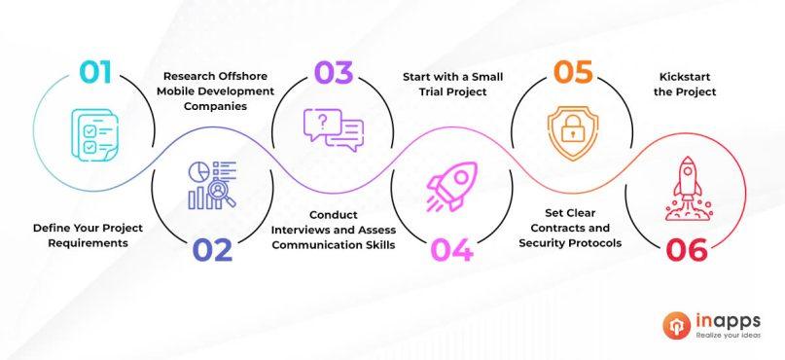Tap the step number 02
212,250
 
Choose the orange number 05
573,73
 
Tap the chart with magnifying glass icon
211,185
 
